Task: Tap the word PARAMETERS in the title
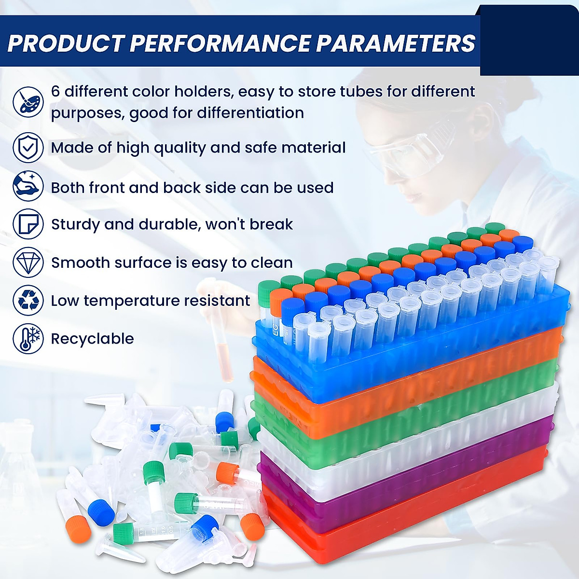click(x=396, y=43)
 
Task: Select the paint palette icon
click(x=28, y=101)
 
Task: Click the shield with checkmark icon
click(x=28, y=147)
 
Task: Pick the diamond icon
click(x=28, y=262)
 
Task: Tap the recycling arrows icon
click(x=28, y=300)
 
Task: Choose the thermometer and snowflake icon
click(x=28, y=338)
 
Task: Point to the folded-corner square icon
click(x=28, y=223)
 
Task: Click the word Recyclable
click(x=92, y=339)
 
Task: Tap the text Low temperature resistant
click(x=151, y=301)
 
